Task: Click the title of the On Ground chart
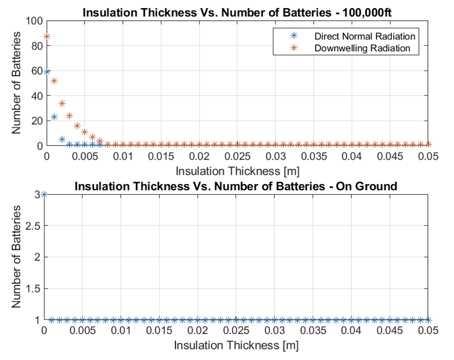tap(236, 185)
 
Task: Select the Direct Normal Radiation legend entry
tap(365, 36)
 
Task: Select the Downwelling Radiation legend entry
tap(362, 48)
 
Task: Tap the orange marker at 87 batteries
tap(46, 37)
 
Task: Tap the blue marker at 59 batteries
tap(46, 72)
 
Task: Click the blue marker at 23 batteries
tap(54, 117)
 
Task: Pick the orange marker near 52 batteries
tap(54, 81)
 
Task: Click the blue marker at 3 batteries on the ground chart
tap(44, 194)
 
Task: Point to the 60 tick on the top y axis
tap(36, 71)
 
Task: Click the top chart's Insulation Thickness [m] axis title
tap(237, 171)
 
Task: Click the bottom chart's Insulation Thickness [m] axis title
tap(236, 346)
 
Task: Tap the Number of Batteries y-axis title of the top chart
tap(17, 83)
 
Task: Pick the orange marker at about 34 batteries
tap(62, 103)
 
